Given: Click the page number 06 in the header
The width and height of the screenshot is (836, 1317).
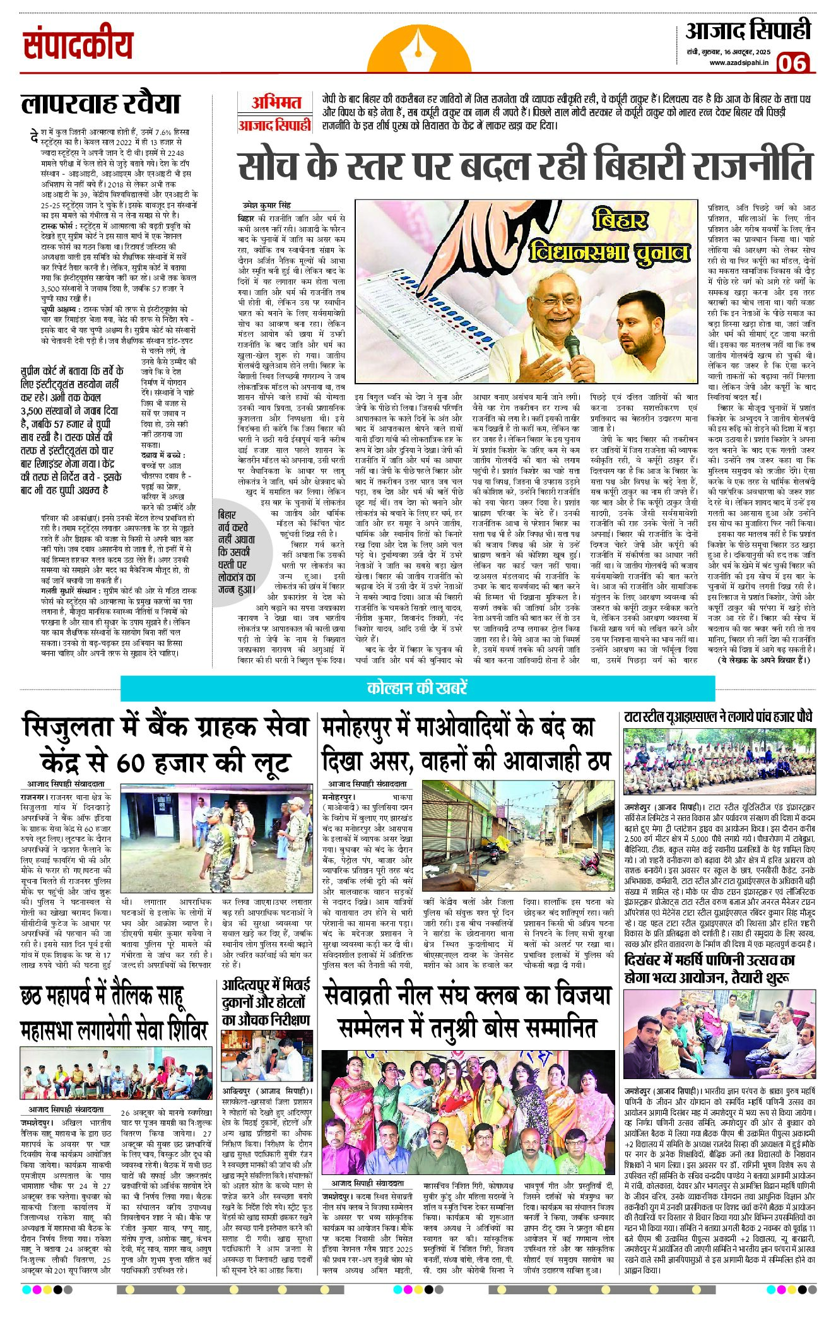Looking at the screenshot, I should point(793,62).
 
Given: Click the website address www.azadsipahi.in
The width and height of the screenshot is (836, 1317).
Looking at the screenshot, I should point(738,62).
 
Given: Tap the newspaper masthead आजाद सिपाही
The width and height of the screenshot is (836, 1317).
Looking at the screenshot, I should point(748,30).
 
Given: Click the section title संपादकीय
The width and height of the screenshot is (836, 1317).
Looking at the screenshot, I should point(78,45).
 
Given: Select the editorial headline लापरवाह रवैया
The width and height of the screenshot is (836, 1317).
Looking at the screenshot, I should point(101,103).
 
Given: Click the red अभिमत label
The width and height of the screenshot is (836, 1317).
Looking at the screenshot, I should point(275,102).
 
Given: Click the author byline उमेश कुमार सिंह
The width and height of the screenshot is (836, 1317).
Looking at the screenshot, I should point(268,205).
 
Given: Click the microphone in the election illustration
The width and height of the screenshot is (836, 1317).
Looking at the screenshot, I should point(572,348).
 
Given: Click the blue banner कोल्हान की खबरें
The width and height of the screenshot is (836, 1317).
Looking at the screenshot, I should point(417,687).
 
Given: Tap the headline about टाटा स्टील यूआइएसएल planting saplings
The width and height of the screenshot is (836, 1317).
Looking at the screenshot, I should point(718,717).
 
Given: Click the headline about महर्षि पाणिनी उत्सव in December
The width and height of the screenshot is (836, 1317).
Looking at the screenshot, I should point(709,969).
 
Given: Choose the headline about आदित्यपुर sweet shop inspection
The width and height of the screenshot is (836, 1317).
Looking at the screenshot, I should point(266,1003).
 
